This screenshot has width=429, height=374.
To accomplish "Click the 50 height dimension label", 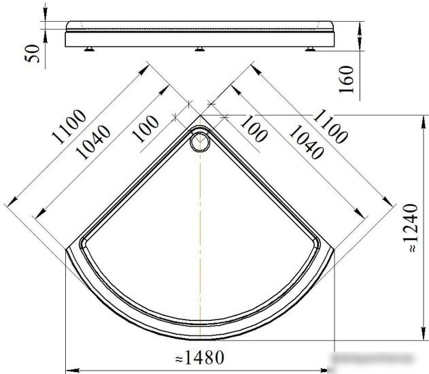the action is coord(32,54).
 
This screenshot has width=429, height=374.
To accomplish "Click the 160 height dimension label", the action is coord(346,80).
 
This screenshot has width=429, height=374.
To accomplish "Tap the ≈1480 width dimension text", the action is coord(200,357).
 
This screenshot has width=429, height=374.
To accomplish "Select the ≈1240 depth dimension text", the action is coord(411,228).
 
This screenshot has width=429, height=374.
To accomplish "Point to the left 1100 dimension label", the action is coord(69,126).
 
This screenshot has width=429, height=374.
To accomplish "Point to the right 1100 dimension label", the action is coord(330,126).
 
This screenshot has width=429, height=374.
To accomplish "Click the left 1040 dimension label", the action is coord(93,142).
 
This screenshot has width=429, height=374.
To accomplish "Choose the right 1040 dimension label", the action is coord(307,142).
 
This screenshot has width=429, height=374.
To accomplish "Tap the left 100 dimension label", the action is coord(145,129).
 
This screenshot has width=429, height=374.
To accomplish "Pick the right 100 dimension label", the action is coord(254,129).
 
